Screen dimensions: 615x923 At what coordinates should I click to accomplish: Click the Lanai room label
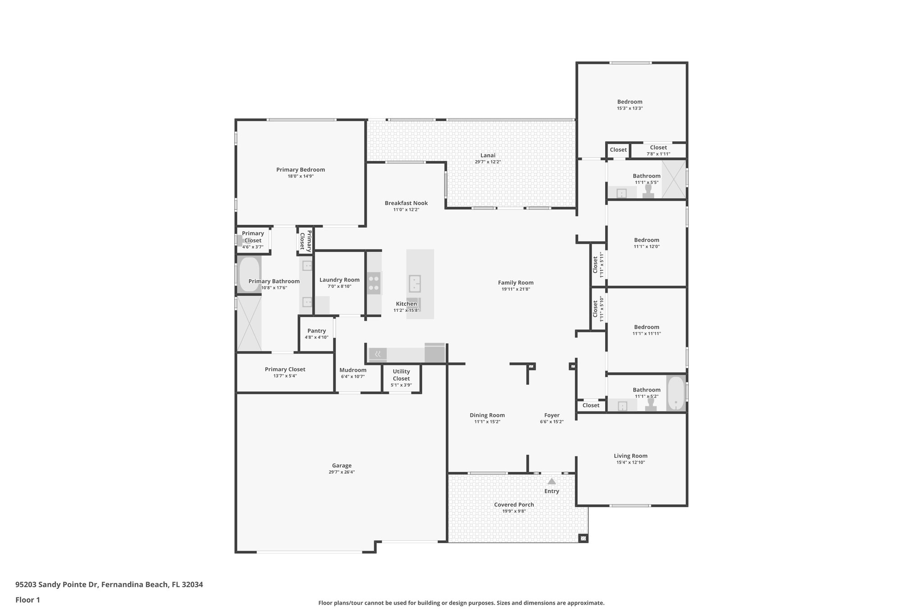(488, 155)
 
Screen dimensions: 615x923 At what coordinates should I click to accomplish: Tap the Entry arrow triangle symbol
(552, 482)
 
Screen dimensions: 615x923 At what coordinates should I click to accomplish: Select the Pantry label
(316, 331)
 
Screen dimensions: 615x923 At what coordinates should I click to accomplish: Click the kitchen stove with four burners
(374, 283)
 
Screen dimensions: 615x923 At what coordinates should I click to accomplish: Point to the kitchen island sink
(415, 284)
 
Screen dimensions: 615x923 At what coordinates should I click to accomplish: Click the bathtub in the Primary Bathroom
(249, 274)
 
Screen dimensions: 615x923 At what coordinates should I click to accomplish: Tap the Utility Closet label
(401, 375)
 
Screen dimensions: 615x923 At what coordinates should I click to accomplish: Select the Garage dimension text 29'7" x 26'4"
(342, 472)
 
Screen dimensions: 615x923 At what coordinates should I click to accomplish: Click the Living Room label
(630, 456)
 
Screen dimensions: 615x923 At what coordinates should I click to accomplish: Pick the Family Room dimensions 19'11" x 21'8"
(516, 289)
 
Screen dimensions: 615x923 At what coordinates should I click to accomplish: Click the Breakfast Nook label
(406, 203)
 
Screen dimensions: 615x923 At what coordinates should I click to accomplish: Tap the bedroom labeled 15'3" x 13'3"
(630, 102)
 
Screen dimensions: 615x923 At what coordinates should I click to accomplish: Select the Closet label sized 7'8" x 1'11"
(658, 148)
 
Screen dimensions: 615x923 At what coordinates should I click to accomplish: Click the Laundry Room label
(339, 280)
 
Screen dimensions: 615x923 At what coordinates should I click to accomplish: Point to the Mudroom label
(352, 370)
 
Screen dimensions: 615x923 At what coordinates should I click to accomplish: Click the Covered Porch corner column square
(583, 538)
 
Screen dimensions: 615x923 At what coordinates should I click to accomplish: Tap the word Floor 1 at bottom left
(27, 600)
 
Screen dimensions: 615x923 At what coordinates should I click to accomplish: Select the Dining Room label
(487, 415)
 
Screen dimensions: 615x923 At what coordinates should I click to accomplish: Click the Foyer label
(552, 415)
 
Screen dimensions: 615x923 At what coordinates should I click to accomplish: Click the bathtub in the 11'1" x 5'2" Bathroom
(676, 393)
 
